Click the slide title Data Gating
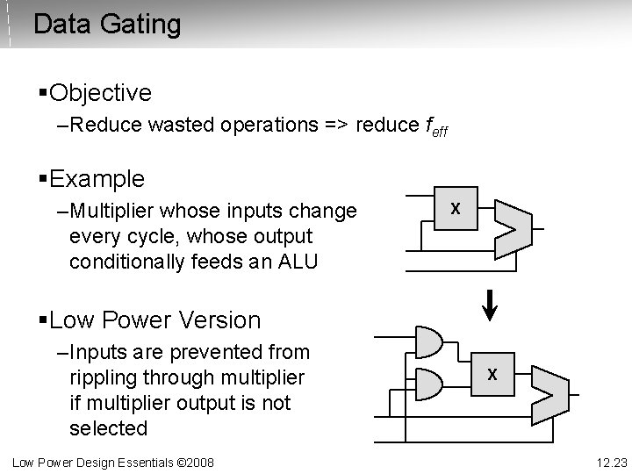106,24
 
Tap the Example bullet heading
97,179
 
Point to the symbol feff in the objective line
434,126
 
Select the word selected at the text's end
108,428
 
